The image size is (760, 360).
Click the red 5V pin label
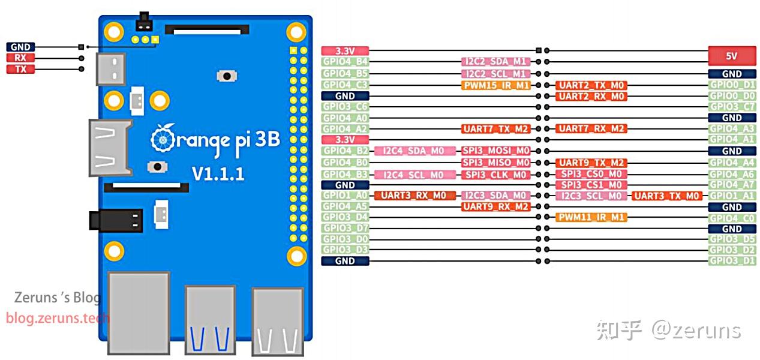(x=731, y=56)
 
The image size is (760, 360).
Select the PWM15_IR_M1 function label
(x=496, y=85)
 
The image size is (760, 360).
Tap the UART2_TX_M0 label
(x=591, y=85)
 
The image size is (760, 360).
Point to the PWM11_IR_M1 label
(x=591, y=217)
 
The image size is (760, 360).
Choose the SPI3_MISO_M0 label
(x=496, y=163)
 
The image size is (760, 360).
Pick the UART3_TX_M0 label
(x=666, y=196)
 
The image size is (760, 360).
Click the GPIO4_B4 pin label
(x=345, y=62)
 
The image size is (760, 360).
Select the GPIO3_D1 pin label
(x=732, y=261)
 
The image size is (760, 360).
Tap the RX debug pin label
(x=20, y=58)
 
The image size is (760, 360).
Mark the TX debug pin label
(x=20, y=70)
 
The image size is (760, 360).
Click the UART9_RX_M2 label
(x=496, y=206)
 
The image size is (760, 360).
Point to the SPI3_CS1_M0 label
(x=591, y=185)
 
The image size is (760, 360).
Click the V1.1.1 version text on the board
(x=218, y=174)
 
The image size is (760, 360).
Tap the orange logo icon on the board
(x=163, y=139)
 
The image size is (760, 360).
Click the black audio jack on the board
(x=116, y=220)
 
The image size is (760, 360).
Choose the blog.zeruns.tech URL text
(x=58, y=318)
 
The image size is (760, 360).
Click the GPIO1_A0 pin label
(x=345, y=196)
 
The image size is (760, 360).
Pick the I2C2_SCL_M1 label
(x=496, y=74)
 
